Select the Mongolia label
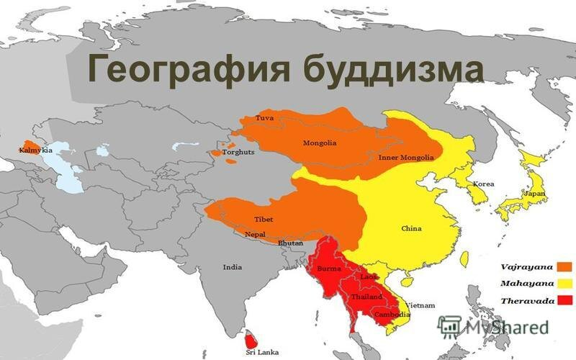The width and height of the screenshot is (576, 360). point(320,143)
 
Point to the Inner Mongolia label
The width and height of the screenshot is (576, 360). point(405,157)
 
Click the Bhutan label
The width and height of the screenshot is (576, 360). point(291,244)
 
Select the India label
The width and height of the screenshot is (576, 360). point(232,267)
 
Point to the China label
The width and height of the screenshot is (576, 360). point(411,228)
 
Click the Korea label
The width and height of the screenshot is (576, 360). point(483,184)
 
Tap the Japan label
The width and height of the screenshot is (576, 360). point(534,194)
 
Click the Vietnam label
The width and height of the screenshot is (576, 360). point(421,305)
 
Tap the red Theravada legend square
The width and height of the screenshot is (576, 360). point(564,299)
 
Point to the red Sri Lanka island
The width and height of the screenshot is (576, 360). point(250,338)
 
